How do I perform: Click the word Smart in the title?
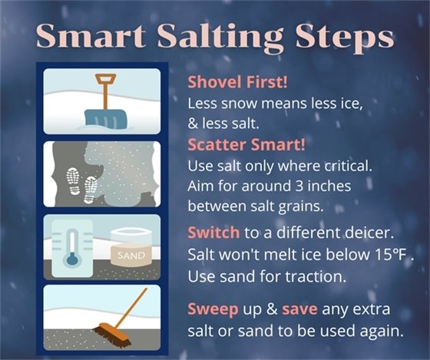85,36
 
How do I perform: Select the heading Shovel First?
230,82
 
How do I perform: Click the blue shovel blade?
106,117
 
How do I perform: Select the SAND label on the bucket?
131,256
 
